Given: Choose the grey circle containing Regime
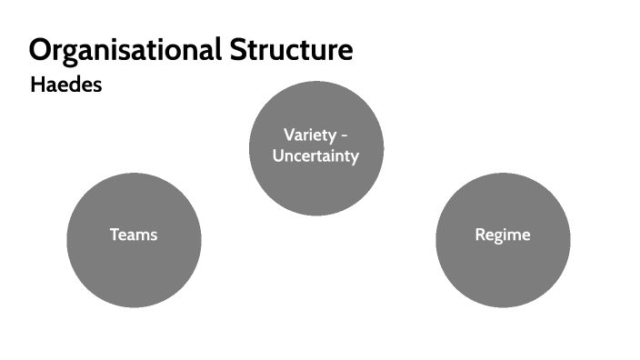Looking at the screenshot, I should coord(503,268).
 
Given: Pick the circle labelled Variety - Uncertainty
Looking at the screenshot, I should coord(316,186).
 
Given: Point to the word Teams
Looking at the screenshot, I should coord(134,235).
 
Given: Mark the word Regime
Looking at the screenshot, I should coord(503,235).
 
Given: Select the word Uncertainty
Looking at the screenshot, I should coord(316,155).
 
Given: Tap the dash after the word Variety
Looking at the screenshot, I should coord(345,135).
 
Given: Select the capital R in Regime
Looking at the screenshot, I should coord(480,235).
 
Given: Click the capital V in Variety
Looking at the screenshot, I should coord(288,135).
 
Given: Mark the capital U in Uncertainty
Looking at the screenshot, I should coord(278,155).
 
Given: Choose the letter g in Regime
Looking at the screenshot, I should coord(498,236).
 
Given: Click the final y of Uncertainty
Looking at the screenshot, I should coord(355,157).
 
